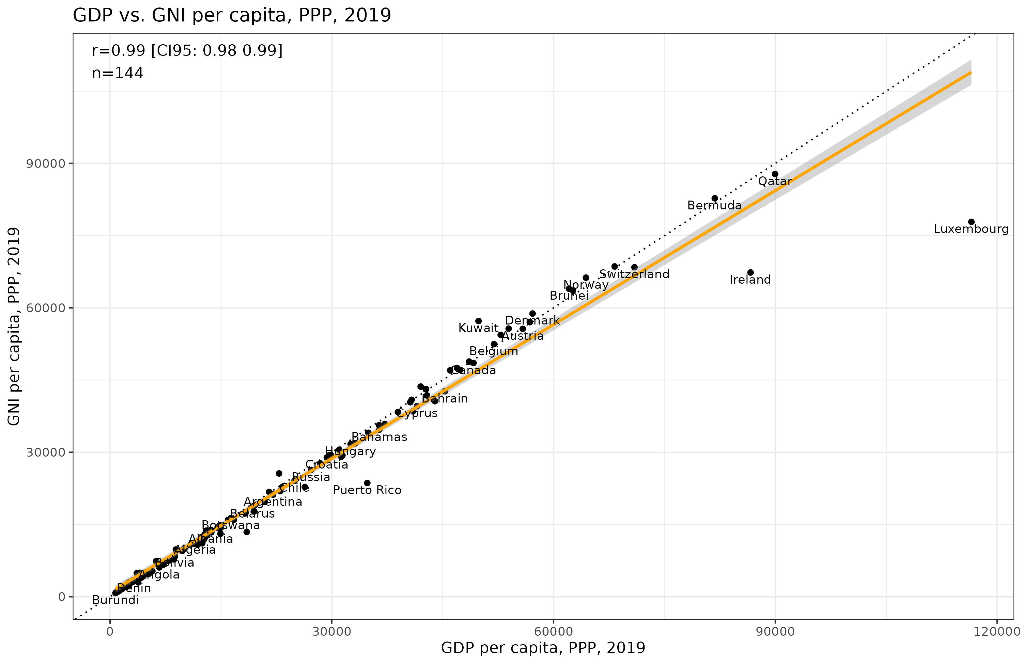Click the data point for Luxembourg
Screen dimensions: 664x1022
coord(971,222)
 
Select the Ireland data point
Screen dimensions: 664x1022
coord(750,272)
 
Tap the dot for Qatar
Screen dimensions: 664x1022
coord(775,174)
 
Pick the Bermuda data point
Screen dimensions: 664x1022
coord(714,198)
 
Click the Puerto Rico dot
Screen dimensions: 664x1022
coord(367,483)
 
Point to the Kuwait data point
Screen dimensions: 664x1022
coord(478,321)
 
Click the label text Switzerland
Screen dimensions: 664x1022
coord(634,274)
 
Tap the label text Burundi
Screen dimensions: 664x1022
coord(115,600)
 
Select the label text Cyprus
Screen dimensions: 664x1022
coord(417,413)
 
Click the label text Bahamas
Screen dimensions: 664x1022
coord(379,437)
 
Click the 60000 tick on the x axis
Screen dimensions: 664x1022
coord(554,632)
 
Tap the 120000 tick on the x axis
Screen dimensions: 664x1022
coord(996,632)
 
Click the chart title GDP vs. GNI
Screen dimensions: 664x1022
coord(232,15)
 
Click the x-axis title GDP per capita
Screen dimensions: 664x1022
coord(543,648)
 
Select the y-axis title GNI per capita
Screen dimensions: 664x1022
coord(14,326)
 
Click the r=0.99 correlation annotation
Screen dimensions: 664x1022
coord(187,51)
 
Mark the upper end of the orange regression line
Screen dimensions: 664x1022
coord(971,73)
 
